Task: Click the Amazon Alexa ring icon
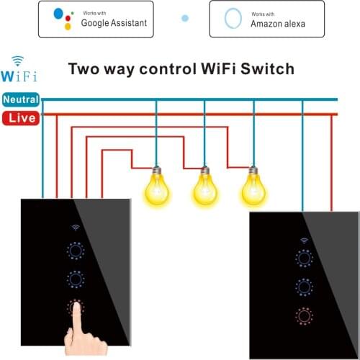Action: pos(233,19)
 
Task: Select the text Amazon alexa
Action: pos(277,24)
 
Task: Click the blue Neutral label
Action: pos(21,99)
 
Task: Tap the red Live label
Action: pos(21,117)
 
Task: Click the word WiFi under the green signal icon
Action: pos(19,76)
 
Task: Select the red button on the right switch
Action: pos(304,315)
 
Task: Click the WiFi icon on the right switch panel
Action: pos(304,240)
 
